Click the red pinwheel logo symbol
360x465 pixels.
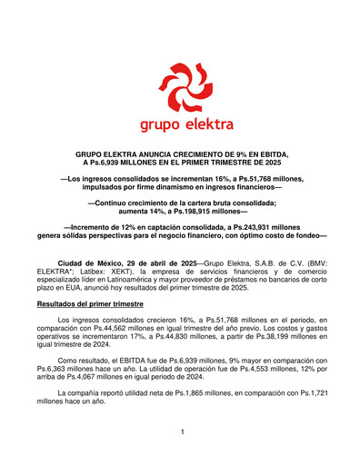click(181, 84)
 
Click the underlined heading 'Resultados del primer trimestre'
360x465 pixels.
click(97, 304)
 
